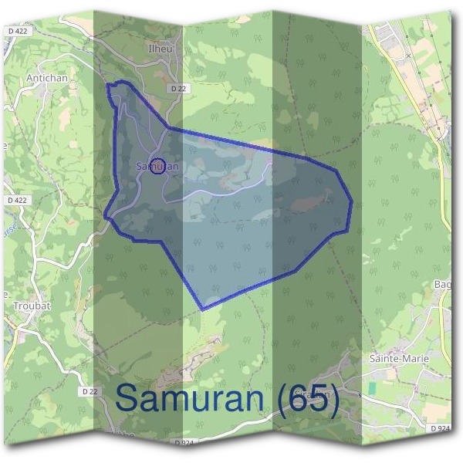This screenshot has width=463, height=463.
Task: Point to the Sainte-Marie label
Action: click(x=400, y=359)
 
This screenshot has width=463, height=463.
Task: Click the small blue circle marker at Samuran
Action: click(x=157, y=166)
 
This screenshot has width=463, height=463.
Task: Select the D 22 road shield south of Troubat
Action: click(x=90, y=392)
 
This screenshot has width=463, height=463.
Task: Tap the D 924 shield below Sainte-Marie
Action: click(x=440, y=428)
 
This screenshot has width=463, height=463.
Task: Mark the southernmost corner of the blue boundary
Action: click(x=203, y=309)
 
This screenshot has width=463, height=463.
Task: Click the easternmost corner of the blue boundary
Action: click(x=352, y=204)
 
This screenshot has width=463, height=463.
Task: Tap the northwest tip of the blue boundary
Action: click(x=109, y=85)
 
